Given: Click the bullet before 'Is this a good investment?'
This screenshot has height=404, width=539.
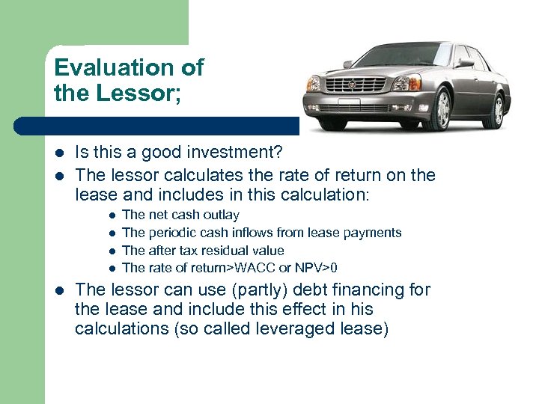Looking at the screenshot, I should (x=59, y=154).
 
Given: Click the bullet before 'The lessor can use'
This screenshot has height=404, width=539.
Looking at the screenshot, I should (x=59, y=290).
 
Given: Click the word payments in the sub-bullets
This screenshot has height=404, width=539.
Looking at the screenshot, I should (x=375, y=233).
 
